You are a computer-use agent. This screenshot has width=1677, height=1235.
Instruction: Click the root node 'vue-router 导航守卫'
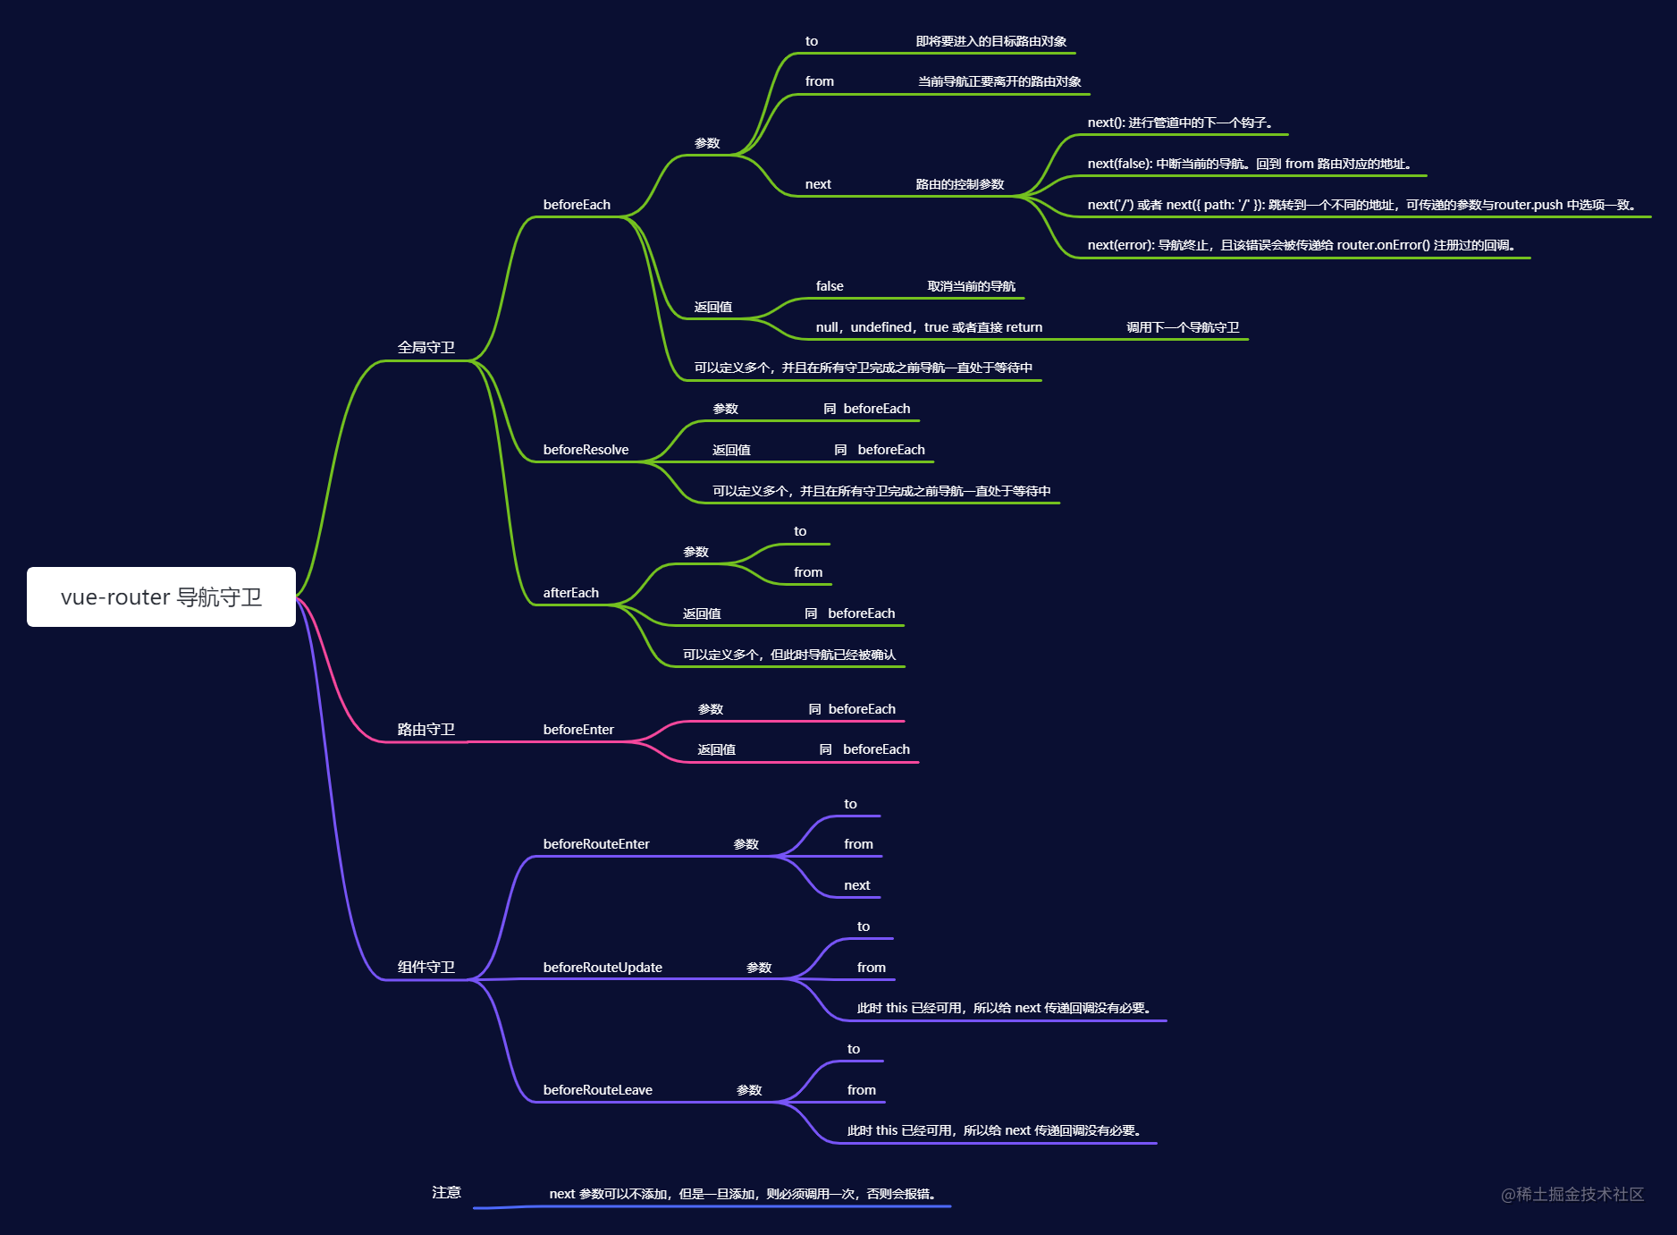pyautogui.click(x=161, y=596)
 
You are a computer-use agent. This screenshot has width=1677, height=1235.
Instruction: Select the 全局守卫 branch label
pyautogui.click(x=426, y=347)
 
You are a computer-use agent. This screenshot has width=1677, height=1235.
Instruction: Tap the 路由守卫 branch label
pyautogui.click(x=426, y=729)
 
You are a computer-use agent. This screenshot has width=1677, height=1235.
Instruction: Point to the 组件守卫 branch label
pyautogui.click(x=426, y=967)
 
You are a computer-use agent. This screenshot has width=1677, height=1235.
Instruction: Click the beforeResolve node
pyautogui.click(x=586, y=450)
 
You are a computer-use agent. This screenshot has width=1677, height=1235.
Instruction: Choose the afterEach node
pyautogui.click(x=571, y=593)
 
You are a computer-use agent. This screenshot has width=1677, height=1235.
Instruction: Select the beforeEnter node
pyautogui.click(x=578, y=730)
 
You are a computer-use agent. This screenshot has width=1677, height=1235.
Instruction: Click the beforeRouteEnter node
pyautogui.click(x=596, y=844)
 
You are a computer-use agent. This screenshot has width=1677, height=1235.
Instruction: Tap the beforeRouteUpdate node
pyautogui.click(x=603, y=968)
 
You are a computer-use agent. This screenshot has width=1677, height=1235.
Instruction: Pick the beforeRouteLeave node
pyautogui.click(x=598, y=1090)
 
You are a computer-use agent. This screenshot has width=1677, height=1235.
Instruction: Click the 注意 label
pyautogui.click(x=446, y=1192)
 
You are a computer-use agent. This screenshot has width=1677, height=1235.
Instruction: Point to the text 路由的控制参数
pyautogui.click(x=960, y=184)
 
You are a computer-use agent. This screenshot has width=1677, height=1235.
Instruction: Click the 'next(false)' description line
pyautogui.click(x=1250, y=164)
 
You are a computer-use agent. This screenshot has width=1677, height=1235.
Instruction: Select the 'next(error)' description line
pyautogui.click(x=1302, y=245)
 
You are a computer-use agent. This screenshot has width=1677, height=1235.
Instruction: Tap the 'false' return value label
pyautogui.click(x=830, y=286)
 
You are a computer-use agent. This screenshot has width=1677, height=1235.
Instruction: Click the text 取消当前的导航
pyautogui.click(x=972, y=286)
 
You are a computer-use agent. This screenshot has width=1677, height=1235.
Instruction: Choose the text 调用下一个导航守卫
pyautogui.click(x=1183, y=327)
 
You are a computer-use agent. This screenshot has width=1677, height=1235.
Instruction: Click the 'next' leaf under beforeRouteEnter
pyautogui.click(x=857, y=885)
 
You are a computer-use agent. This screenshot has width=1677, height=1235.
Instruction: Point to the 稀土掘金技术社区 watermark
pyautogui.click(x=1572, y=1194)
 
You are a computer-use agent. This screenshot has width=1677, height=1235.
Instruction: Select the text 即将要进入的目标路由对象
pyautogui.click(x=991, y=41)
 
